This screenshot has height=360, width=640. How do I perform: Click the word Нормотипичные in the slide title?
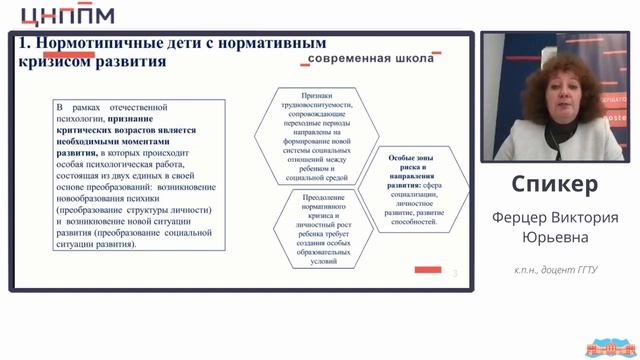coord(94,44)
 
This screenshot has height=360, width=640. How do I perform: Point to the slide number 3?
coord(454,272)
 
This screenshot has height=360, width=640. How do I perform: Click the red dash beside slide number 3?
coord(427,269)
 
